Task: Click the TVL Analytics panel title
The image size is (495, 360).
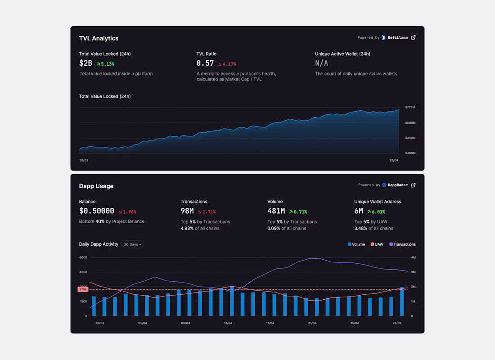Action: click(x=99, y=38)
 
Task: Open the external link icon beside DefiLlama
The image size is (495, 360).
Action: click(x=414, y=37)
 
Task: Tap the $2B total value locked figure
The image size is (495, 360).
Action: click(x=85, y=63)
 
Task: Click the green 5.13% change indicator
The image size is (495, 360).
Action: click(x=105, y=64)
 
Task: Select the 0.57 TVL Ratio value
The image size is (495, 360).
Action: click(x=205, y=63)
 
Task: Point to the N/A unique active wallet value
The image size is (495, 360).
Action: click(x=321, y=63)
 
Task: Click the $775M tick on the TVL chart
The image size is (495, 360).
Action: click(x=410, y=107)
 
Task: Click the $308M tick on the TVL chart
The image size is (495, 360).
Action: click(x=410, y=153)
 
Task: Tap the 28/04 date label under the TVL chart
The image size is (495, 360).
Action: click(x=394, y=160)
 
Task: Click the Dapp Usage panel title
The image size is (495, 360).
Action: click(x=96, y=186)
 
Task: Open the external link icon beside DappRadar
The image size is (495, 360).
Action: click(x=414, y=185)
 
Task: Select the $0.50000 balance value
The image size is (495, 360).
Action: click(x=96, y=211)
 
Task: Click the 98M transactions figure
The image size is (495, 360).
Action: click(x=187, y=211)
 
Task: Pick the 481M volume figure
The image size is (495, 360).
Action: click(x=276, y=211)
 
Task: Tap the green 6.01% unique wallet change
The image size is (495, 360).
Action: click(x=376, y=211)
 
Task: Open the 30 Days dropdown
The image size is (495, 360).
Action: click(x=133, y=244)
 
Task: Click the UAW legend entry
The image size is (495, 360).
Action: click(x=377, y=244)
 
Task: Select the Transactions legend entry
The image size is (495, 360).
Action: click(x=402, y=244)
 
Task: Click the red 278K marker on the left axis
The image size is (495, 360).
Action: click(x=83, y=289)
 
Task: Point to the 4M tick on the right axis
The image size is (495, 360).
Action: click(x=413, y=257)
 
